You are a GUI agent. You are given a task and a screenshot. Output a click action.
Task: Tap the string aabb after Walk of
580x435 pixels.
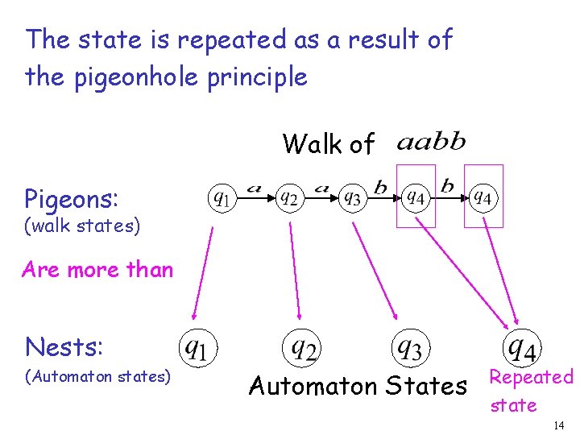[432, 143]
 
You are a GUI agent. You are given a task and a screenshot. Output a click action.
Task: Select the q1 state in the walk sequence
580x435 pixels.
[221, 197]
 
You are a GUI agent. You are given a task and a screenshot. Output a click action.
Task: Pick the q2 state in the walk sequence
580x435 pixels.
[288, 197]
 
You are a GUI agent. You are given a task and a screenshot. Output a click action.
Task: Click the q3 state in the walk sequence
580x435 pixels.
[351, 197]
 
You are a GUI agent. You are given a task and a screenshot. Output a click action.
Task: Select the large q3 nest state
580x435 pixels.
[408, 347]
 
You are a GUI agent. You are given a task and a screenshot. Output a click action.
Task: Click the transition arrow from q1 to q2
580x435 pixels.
[253, 196]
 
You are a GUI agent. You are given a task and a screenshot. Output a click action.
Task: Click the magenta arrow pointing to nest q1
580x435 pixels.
[203, 273]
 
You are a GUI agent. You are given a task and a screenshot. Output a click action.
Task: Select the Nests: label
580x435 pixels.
[64, 346]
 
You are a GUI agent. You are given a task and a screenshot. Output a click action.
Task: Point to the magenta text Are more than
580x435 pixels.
[97, 269]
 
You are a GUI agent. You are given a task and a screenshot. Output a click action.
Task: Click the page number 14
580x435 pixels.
[558, 425]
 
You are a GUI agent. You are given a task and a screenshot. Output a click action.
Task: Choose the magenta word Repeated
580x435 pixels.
[531, 377]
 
